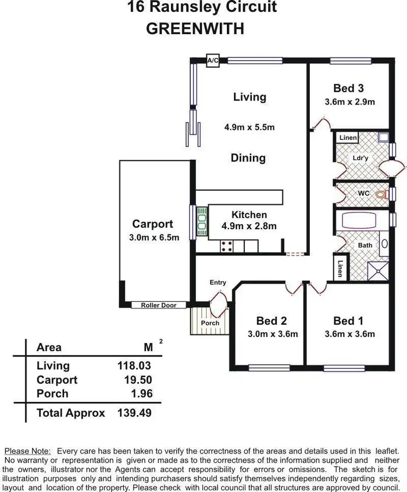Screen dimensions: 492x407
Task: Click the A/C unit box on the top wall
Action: pos(213,61)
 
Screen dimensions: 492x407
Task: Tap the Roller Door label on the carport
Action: pos(158,305)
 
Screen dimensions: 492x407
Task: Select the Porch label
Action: pos(210,323)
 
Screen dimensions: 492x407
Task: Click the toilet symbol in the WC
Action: pos(381,194)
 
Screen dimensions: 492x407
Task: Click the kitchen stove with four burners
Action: pos(227,247)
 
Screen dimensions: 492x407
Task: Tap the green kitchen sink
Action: pos(202,221)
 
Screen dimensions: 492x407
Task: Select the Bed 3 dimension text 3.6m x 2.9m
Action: pos(349,101)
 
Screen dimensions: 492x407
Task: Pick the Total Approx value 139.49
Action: pos(134,413)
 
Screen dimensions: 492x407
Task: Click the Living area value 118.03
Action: pos(134,366)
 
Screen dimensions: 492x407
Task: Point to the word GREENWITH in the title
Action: pos(195,29)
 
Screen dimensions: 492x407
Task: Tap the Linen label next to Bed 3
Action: pos(348,138)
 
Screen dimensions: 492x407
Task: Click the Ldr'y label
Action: pos(360,158)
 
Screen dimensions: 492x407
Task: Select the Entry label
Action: pos(218,282)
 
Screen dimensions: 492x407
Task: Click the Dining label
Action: pos(248,158)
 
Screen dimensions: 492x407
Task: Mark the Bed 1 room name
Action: pos(348,321)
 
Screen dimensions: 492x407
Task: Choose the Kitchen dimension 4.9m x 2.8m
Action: pos(249,226)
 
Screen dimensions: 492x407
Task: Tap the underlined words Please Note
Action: pos(28,451)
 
